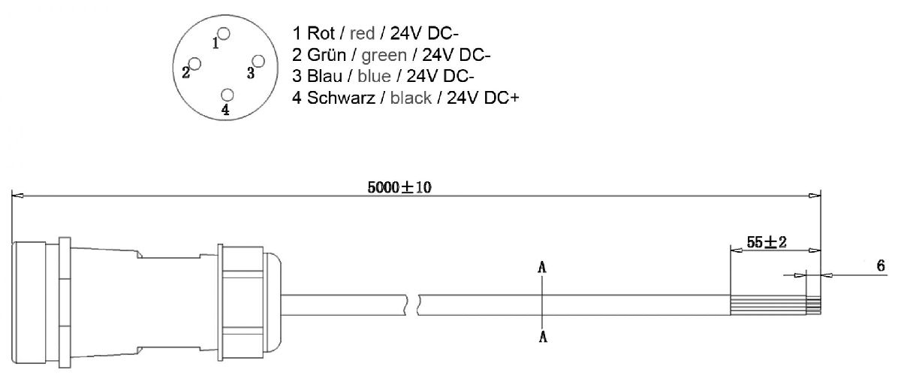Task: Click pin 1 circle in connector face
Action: pyautogui.click(x=223, y=34)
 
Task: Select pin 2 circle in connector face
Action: pyautogui.click(x=195, y=64)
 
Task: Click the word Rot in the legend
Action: pyautogui.click(x=319, y=34)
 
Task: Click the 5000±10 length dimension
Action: pyautogui.click(x=399, y=187)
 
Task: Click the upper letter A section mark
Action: pyautogui.click(x=541, y=267)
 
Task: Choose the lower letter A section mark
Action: pyautogui.click(x=541, y=337)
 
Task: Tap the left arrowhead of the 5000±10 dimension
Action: pyautogui.click(x=17, y=196)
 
